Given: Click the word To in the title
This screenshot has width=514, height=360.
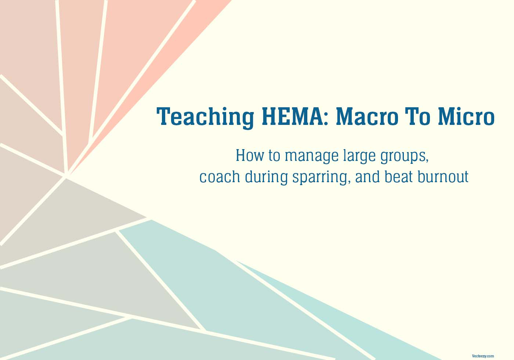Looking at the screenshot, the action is pyautogui.click(x=418, y=116).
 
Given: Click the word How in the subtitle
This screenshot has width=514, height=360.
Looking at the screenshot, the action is pyautogui.click(x=250, y=155).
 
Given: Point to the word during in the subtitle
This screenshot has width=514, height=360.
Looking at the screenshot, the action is pyautogui.click(x=266, y=177).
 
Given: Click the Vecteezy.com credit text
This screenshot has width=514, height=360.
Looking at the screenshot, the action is pyautogui.click(x=483, y=356).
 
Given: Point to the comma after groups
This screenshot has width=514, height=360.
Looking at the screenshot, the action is pyautogui.click(x=427, y=161).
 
